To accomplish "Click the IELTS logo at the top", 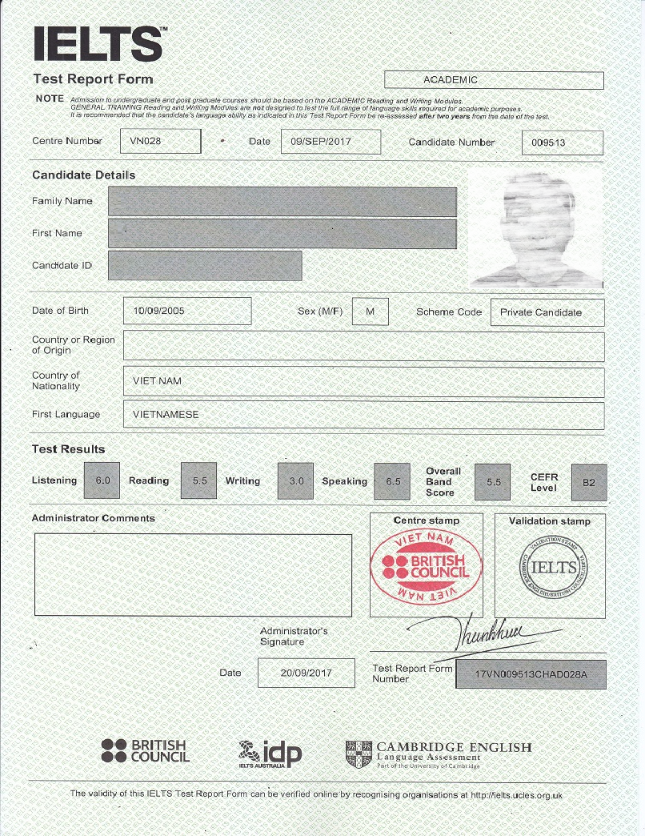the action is coord(99,43).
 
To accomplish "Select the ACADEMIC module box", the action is coord(494,80).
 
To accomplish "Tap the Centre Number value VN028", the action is coord(160,142).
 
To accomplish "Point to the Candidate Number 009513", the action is coord(563,143).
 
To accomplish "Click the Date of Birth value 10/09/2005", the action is coord(187,311).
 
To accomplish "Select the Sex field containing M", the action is coord(370,311).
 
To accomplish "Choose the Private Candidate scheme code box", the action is coord(547,312).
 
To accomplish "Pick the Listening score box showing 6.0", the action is coord(102,481).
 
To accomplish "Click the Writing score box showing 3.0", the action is coord(295,481).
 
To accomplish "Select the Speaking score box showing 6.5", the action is coord(392,481).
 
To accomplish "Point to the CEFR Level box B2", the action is coord(589,482).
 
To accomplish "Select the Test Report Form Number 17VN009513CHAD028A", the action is coord(531,674).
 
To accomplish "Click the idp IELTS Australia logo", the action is coord(270,753).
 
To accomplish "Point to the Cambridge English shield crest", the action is coord(359,754).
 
